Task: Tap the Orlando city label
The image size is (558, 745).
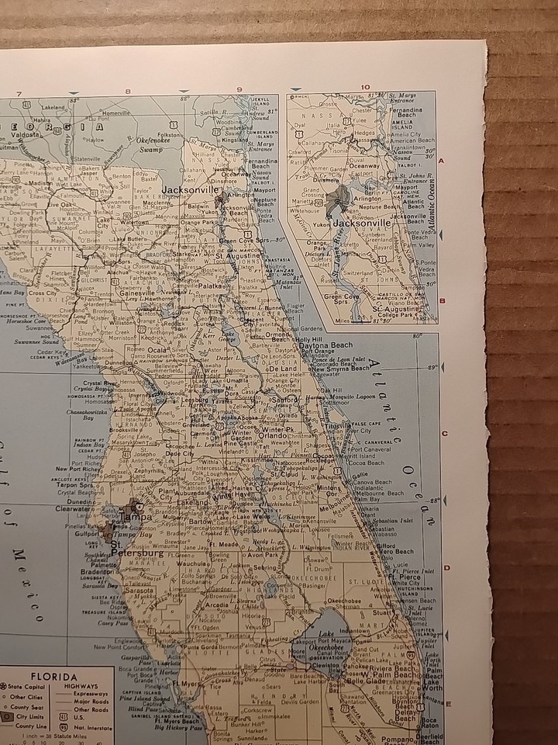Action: coord(273,435)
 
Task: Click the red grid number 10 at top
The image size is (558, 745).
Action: coord(365,87)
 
